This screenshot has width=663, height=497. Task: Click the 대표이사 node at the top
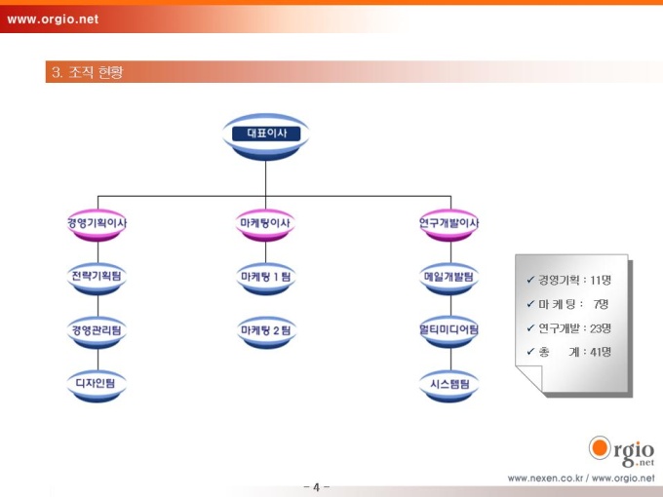(x=266, y=136)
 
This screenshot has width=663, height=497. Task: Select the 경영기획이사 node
(x=97, y=225)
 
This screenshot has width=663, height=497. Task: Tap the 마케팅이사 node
(x=265, y=225)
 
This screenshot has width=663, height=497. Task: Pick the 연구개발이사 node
(x=449, y=225)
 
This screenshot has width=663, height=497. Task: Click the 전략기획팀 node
(x=97, y=279)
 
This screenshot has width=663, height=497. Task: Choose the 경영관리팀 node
(x=97, y=332)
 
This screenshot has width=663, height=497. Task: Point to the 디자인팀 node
(x=97, y=386)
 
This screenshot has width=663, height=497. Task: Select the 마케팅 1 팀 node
(x=265, y=279)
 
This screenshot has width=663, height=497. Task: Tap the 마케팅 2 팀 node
(x=265, y=332)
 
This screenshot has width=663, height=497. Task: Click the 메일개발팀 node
(x=449, y=279)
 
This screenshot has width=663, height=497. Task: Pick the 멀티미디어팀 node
(x=449, y=332)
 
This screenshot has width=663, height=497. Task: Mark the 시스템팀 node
(x=449, y=386)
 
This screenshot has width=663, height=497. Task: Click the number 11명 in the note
(x=601, y=281)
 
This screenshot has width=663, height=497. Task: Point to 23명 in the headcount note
(x=601, y=328)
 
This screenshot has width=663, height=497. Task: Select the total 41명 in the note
(x=601, y=352)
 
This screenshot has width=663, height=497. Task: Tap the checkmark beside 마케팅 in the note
(x=530, y=304)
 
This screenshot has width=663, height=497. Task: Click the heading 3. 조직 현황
(x=88, y=72)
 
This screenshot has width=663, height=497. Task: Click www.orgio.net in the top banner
(x=53, y=19)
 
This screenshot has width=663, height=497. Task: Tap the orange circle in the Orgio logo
(x=600, y=448)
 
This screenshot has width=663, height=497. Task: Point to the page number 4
(x=316, y=487)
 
